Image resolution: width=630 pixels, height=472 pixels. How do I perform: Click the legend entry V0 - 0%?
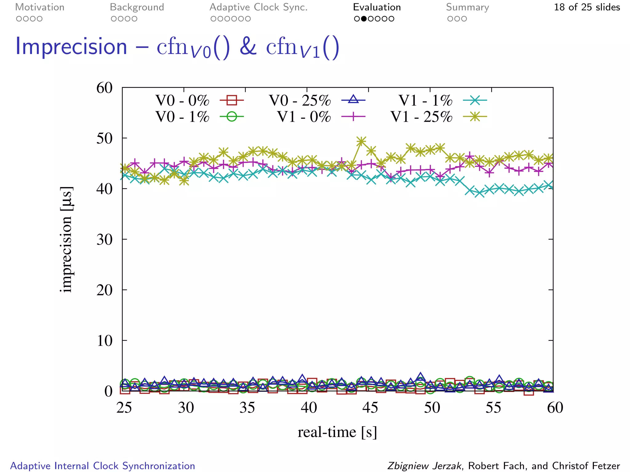pos(182,100)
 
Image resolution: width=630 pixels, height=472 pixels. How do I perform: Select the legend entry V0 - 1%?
pos(182,117)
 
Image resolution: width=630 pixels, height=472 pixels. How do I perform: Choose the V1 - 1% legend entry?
pos(425,100)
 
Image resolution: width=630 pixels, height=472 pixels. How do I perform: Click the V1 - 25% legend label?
pos(421,117)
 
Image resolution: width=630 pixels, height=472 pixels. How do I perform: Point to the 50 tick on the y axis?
pos(105,138)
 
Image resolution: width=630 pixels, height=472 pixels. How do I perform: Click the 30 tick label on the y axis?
pos(105,239)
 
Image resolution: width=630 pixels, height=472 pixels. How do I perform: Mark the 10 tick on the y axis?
pos(105,340)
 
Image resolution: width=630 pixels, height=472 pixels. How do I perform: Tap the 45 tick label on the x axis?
pos(370,408)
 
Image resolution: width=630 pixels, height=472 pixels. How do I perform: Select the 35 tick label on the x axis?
pos(247,408)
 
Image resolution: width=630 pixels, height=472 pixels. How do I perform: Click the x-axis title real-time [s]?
pos(337,432)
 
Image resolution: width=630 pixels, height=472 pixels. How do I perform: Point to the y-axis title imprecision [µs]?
pos(66,239)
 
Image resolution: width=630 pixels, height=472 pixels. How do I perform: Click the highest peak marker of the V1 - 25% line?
pos(361,141)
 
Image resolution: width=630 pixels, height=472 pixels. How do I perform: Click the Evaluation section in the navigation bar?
pos(377,7)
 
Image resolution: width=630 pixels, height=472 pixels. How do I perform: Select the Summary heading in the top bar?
pos(467,7)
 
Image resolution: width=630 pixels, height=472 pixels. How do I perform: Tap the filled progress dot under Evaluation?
pos(364,19)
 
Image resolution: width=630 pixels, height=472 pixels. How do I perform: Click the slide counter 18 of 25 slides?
pos(587,7)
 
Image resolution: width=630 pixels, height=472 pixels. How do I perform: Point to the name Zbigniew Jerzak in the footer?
pos(424,466)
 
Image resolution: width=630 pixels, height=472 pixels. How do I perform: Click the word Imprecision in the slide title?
pos(71,47)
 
